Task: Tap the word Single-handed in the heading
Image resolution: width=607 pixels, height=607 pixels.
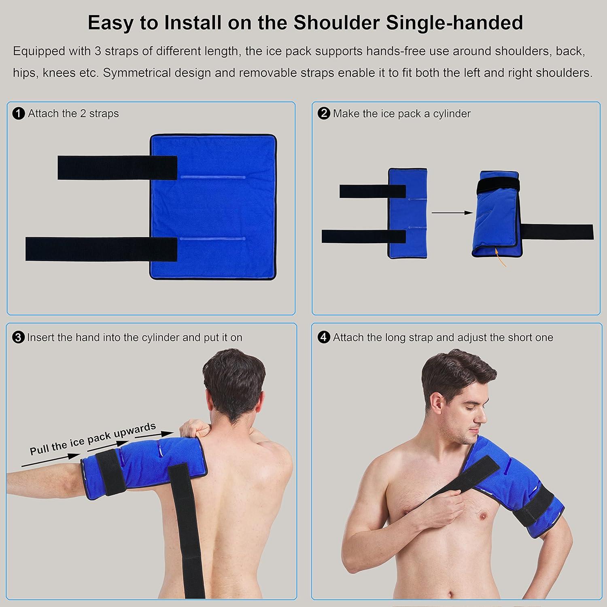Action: pos(454,23)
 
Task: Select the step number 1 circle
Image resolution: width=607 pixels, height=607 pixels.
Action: pos(19,114)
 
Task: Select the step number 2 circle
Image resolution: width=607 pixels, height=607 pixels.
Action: pos(324,113)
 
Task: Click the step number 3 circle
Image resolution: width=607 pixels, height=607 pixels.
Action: pos(19,337)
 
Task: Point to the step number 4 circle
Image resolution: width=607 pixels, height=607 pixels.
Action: pos(324,337)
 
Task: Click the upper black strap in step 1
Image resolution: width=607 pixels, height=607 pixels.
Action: pos(117,168)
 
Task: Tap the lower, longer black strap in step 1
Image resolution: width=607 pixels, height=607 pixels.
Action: pos(101,249)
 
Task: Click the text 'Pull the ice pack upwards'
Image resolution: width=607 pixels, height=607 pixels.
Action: pos(93,439)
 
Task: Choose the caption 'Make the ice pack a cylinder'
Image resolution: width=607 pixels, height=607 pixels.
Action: pos(401,114)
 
